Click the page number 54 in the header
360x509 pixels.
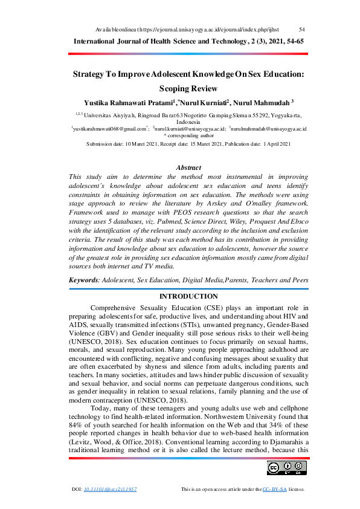point(302,29)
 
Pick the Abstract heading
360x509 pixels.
point(188,167)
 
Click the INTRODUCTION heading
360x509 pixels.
point(188,296)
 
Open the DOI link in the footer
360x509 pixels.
point(111,488)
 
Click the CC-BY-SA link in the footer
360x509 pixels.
point(275,488)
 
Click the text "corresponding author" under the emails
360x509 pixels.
point(189,136)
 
